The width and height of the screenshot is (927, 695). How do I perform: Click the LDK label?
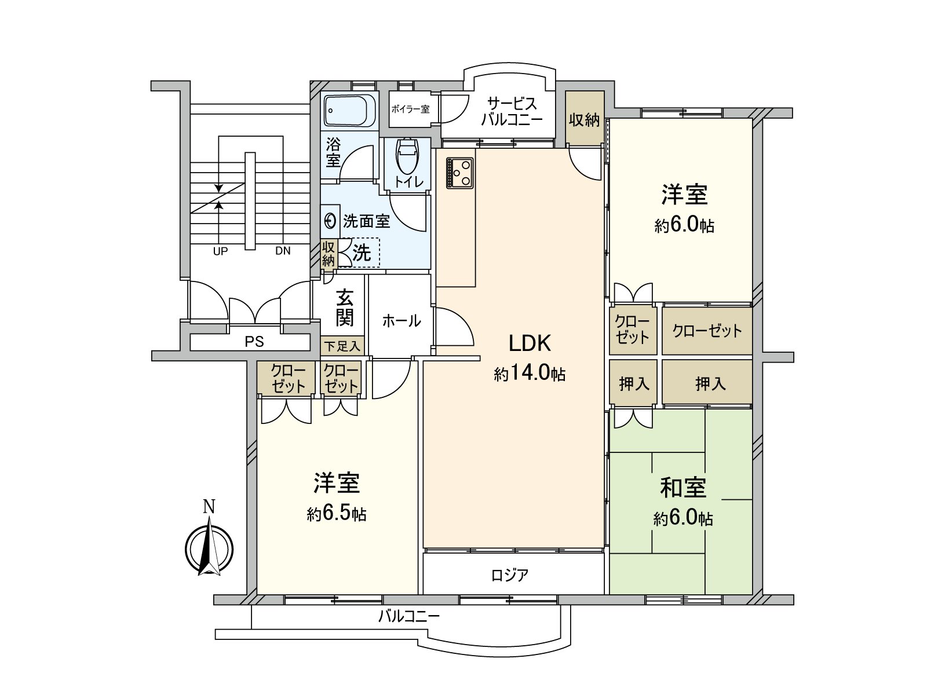530,343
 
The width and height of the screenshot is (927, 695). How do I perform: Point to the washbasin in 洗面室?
330,221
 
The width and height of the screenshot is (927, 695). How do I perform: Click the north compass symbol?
209,547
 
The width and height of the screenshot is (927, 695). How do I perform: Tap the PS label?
254,342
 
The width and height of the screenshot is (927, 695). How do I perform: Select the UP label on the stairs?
220,251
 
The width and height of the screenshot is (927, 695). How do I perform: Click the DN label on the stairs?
283,251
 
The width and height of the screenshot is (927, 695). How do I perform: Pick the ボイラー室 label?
410,108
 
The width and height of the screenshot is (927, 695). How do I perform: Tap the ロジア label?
509,575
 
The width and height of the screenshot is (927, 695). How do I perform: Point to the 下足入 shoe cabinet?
342,346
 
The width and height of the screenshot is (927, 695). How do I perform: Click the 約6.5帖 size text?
337,514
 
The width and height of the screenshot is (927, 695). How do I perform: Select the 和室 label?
683,488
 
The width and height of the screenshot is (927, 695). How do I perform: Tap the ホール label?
401,320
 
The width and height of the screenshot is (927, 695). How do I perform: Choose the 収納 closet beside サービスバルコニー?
584,120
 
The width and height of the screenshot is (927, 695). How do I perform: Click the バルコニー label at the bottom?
409,616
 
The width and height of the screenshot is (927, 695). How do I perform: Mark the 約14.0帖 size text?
530,374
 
